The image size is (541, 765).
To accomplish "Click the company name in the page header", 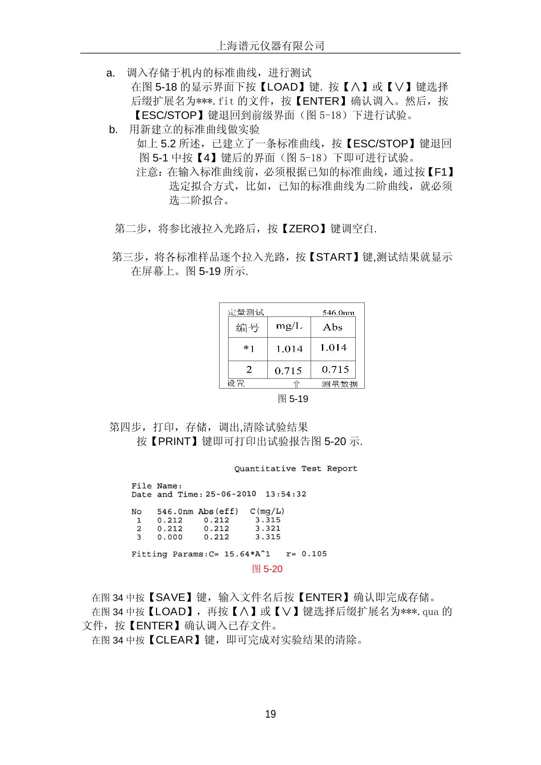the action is [270, 46].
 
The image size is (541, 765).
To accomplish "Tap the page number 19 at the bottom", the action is [270, 714].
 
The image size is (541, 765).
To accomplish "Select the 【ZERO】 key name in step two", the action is [303, 229].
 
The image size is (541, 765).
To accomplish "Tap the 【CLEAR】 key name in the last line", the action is [174, 640].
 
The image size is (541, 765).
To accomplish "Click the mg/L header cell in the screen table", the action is [289, 326].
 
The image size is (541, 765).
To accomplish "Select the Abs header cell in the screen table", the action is [333, 327].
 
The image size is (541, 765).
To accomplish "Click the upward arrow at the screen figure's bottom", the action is [296, 384].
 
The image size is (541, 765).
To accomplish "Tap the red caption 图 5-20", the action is [267, 569].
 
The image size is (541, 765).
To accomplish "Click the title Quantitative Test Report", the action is [296, 469].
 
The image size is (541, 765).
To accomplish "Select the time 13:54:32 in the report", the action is [286, 495].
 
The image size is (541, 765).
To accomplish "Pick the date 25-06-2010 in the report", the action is [231, 495].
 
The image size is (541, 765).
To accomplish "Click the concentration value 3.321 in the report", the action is [268, 529].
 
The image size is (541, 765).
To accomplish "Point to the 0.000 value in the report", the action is [170, 537].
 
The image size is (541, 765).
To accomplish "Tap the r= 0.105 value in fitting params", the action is [307, 554].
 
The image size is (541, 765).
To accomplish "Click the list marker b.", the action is [113, 130].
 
